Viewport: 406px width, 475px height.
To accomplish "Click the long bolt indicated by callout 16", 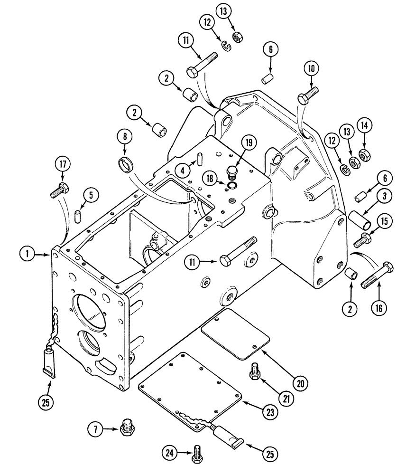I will [x=377, y=276].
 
